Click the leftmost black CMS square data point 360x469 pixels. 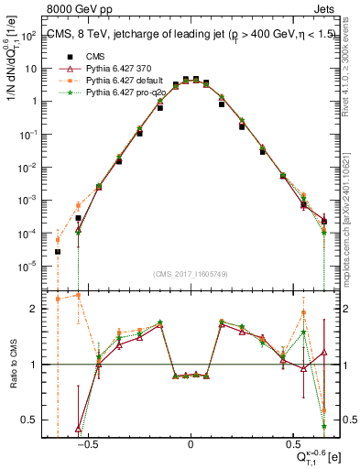tap(58, 251)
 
